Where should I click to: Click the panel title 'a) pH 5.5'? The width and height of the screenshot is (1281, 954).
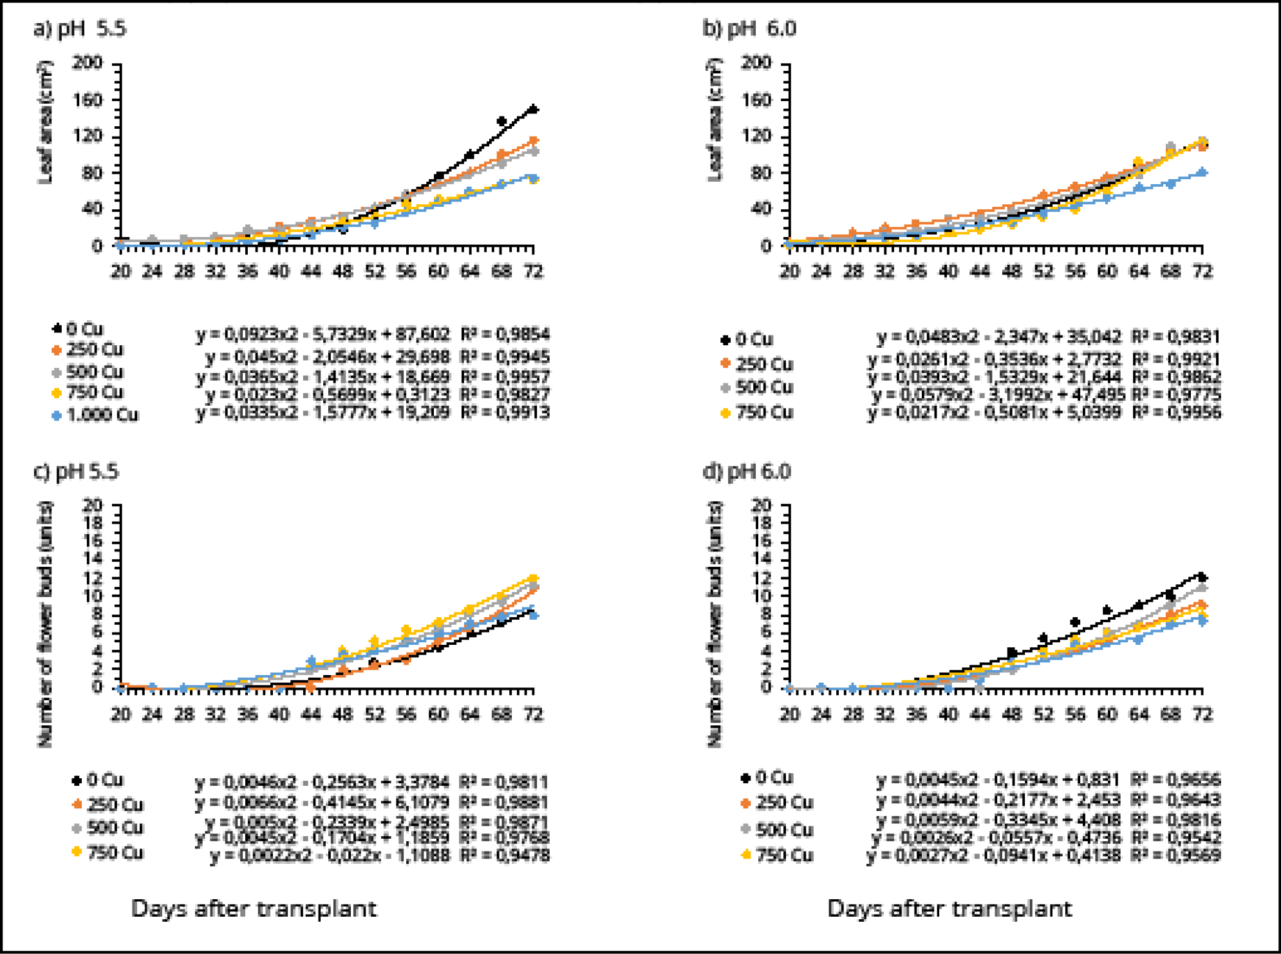[x=80, y=29]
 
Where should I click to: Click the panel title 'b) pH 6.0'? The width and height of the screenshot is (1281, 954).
[x=749, y=29]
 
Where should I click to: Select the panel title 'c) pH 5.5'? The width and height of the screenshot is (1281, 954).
[x=76, y=472]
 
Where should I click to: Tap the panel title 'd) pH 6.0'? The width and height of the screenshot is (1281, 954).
[x=747, y=472]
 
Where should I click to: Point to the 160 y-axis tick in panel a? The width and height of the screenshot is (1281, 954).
[x=88, y=100]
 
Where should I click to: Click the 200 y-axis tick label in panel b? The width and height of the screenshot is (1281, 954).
[x=756, y=62]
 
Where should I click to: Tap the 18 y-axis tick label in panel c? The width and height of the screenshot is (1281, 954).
[x=93, y=522]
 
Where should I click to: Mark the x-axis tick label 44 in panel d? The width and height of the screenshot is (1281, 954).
[x=980, y=714]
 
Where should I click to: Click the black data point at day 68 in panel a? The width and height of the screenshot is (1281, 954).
[x=502, y=121]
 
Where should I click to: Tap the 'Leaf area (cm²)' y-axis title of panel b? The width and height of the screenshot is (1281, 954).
[x=715, y=121]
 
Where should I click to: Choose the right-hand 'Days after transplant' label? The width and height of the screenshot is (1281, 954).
[x=950, y=909]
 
